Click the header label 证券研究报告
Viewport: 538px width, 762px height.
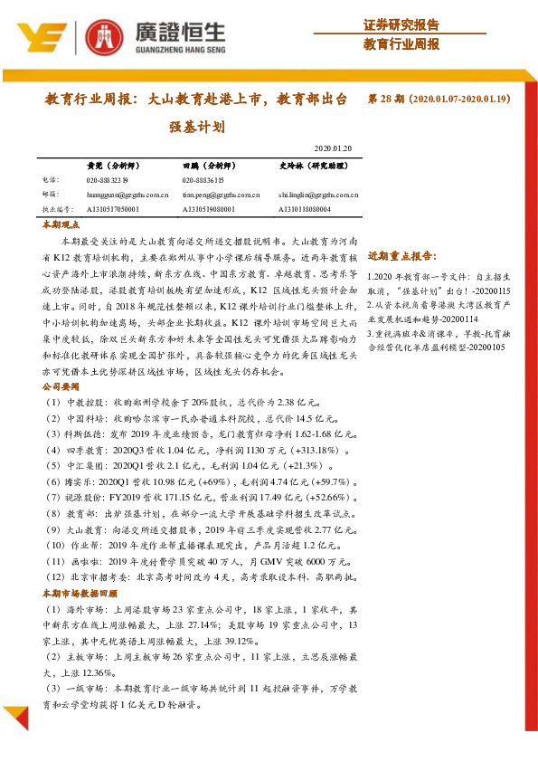[x=401, y=24]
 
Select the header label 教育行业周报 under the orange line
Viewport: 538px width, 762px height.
[x=401, y=43]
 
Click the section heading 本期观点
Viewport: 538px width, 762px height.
[x=61, y=224]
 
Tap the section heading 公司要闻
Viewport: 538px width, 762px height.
[x=61, y=386]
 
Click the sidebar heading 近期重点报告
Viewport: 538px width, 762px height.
[x=403, y=256]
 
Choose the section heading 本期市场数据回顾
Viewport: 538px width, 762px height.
[x=80, y=594]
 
